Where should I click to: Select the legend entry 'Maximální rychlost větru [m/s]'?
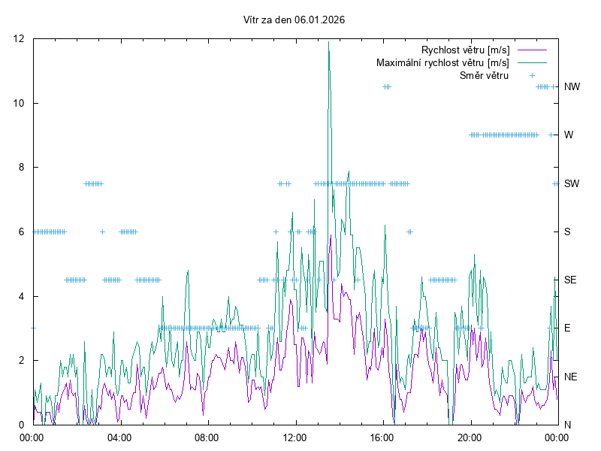click(x=442, y=62)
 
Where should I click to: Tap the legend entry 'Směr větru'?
click(x=484, y=75)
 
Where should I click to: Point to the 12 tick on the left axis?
click(x=19, y=38)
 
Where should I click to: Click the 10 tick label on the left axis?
click(x=19, y=103)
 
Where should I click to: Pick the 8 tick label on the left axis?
click(x=22, y=167)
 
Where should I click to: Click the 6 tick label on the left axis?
click(x=22, y=232)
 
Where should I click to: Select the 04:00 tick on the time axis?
click(x=119, y=437)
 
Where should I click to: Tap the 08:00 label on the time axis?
click(x=207, y=437)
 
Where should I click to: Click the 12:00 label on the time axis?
click(x=294, y=437)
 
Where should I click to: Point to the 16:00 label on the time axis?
click(x=382, y=437)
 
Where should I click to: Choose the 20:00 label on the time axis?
click(x=470, y=437)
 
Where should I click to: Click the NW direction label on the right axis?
click(x=572, y=87)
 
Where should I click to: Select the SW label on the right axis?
click(x=572, y=183)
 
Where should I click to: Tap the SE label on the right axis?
click(x=570, y=280)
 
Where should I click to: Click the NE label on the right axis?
click(x=570, y=376)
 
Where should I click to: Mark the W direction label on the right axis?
click(x=569, y=135)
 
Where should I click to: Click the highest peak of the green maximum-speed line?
click(x=328, y=42)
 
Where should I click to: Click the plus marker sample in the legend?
click(x=532, y=75)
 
